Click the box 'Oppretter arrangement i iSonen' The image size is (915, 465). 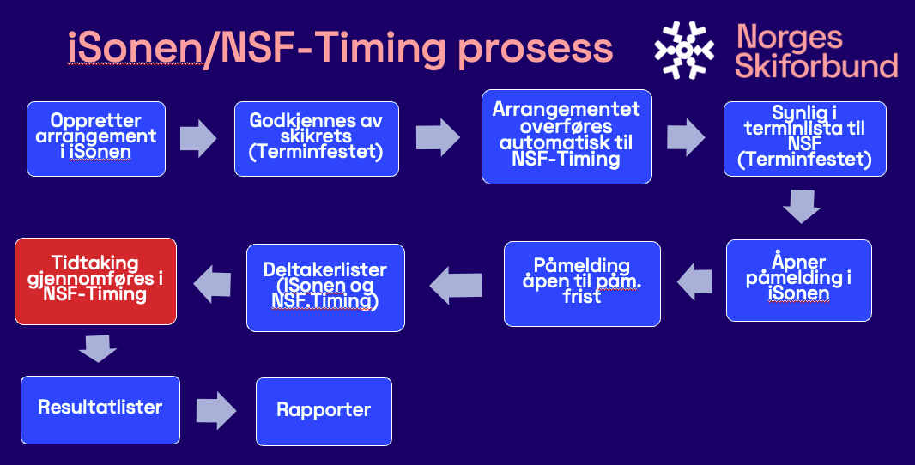96,139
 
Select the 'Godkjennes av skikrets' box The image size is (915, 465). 316,139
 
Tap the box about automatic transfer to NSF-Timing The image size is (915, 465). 567,136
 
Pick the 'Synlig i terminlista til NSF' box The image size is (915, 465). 805,139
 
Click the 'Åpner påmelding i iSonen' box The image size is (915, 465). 799,280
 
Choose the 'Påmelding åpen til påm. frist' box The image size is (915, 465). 582,284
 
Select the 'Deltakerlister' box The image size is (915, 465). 325,287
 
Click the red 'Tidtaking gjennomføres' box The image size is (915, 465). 95,281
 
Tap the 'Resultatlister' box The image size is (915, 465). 100,409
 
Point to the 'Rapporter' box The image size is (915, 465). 324,411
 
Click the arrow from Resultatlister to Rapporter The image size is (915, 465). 216,411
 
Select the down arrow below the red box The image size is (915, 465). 98,348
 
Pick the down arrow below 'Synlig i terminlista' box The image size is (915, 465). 802,206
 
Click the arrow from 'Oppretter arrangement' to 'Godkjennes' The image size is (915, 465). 198,139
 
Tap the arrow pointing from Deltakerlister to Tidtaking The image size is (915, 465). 212,284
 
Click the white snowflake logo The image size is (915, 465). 684,50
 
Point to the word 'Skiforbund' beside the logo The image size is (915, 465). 816,65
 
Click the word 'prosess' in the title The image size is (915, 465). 535,50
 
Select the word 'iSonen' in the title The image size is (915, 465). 135,47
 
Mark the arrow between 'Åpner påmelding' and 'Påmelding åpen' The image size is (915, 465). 694,281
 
